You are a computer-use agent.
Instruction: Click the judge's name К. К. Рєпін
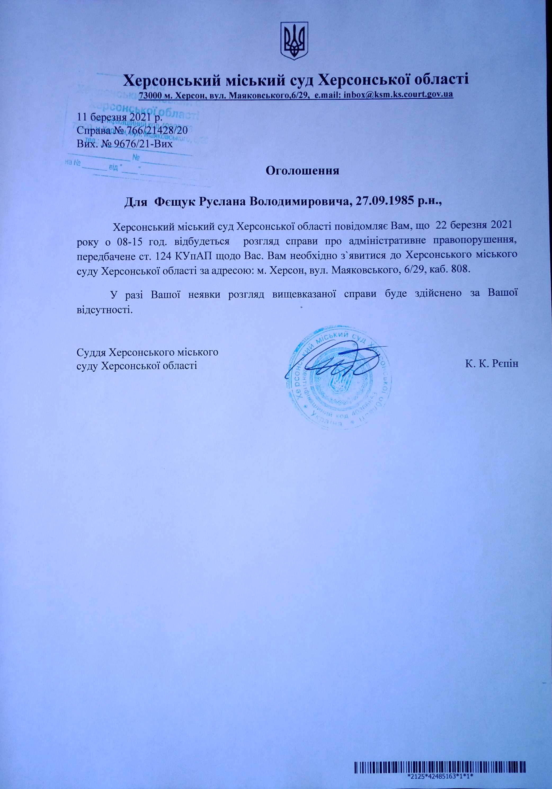[492, 364]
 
